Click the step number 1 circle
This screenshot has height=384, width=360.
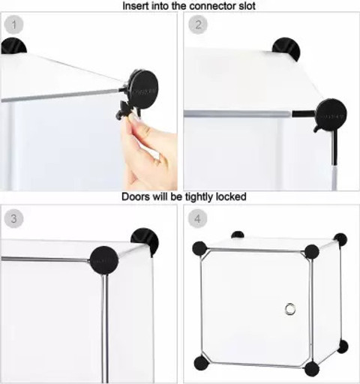click(x=13, y=25)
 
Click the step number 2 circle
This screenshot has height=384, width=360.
click(x=198, y=25)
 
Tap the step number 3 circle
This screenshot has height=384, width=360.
click(x=13, y=218)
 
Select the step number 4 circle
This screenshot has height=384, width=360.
click(x=198, y=218)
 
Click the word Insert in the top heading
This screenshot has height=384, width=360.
click(x=136, y=6)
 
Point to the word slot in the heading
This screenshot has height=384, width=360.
click(x=247, y=6)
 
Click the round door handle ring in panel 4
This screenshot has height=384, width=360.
click(x=290, y=309)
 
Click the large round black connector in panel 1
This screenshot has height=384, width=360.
click(x=144, y=89)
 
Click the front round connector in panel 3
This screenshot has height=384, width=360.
click(x=104, y=260)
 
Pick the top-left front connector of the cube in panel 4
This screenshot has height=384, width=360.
click(x=199, y=248)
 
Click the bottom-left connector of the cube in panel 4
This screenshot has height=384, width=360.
click(x=202, y=363)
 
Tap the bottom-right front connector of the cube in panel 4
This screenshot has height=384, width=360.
click(x=312, y=368)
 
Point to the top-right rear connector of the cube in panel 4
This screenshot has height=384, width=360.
click(x=340, y=239)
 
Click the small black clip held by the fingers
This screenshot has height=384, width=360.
click(x=124, y=110)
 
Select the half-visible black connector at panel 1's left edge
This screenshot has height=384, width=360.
click(x=13, y=46)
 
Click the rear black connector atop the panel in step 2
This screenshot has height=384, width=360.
click(x=286, y=49)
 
